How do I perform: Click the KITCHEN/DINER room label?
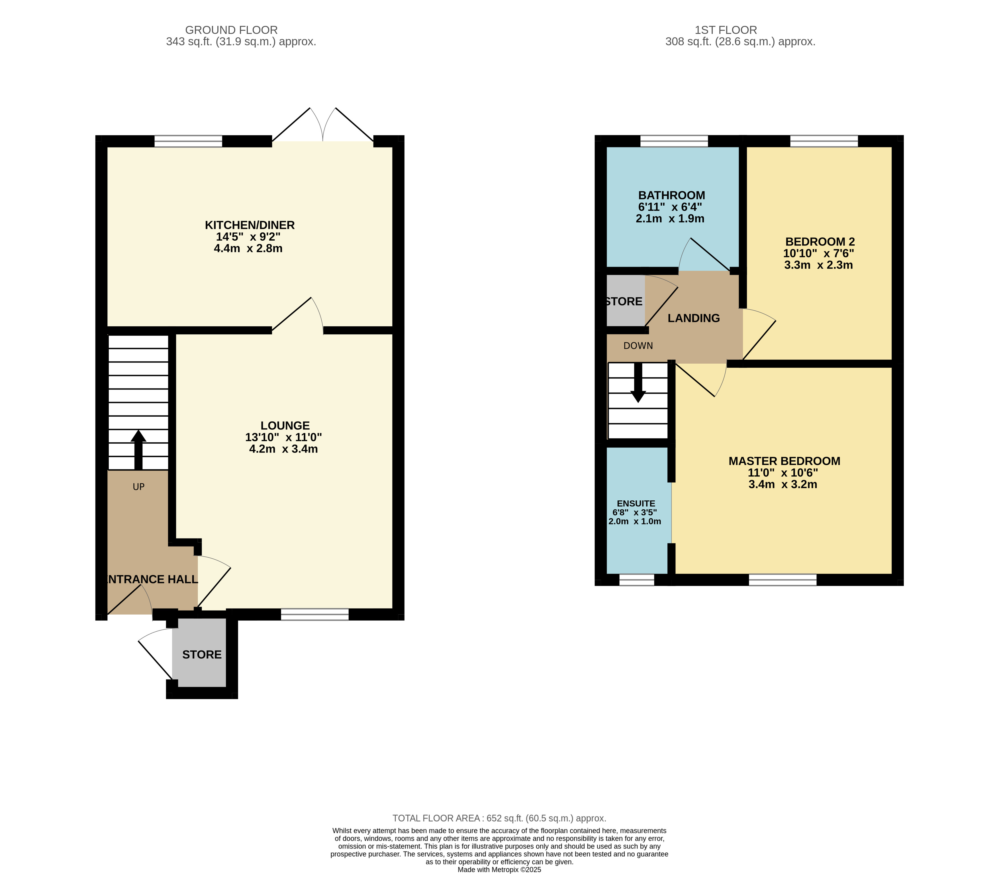(250, 225)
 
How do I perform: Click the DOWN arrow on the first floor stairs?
(638, 383)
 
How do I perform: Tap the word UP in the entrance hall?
(138, 487)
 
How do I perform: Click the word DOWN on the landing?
(638, 346)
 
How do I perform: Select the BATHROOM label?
(672, 195)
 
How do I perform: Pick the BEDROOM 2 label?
(820, 241)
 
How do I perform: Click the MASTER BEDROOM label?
(785, 461)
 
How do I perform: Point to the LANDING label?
(694, 318)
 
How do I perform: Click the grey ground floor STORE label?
(202, 654)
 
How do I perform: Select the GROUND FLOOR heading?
(231, 30)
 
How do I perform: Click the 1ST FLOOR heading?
(726, 30)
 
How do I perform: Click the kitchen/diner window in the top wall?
(188, 142)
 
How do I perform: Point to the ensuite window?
(637, 580)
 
